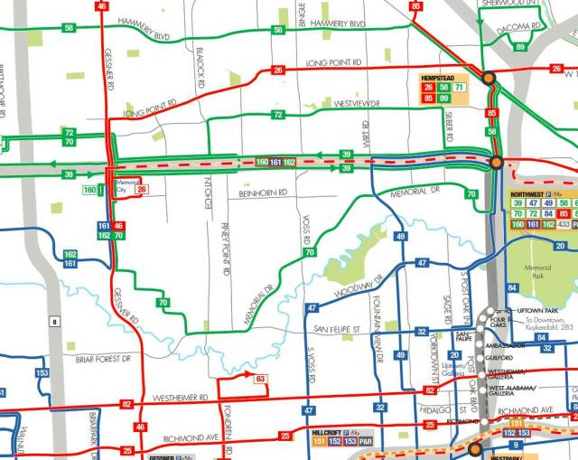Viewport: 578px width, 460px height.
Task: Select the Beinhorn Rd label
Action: click(263, 192)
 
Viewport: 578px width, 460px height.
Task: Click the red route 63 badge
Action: click(260, 379)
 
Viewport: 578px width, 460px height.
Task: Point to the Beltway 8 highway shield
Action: click(54, 322)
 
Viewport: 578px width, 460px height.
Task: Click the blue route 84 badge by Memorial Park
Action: click(512, 288)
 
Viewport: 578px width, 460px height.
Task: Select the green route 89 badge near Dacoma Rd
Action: click(519, 46)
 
